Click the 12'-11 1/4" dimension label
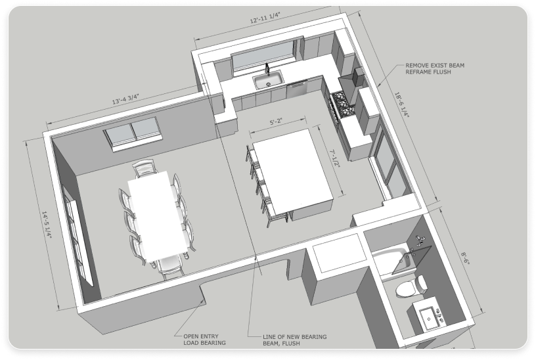coord(265,18)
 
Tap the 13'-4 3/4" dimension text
coord(126,99)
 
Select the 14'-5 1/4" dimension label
coord(47,225)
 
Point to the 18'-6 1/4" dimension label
coord(402,104)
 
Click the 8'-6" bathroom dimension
coord(465,258)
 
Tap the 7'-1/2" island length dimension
coord(334,158)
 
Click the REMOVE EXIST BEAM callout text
coord(435,68)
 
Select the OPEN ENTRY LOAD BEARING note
coord(204,340)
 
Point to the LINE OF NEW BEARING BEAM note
coord(295,340)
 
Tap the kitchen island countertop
coord(292,169)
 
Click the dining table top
coord(158,215)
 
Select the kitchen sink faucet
coord(267,69)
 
